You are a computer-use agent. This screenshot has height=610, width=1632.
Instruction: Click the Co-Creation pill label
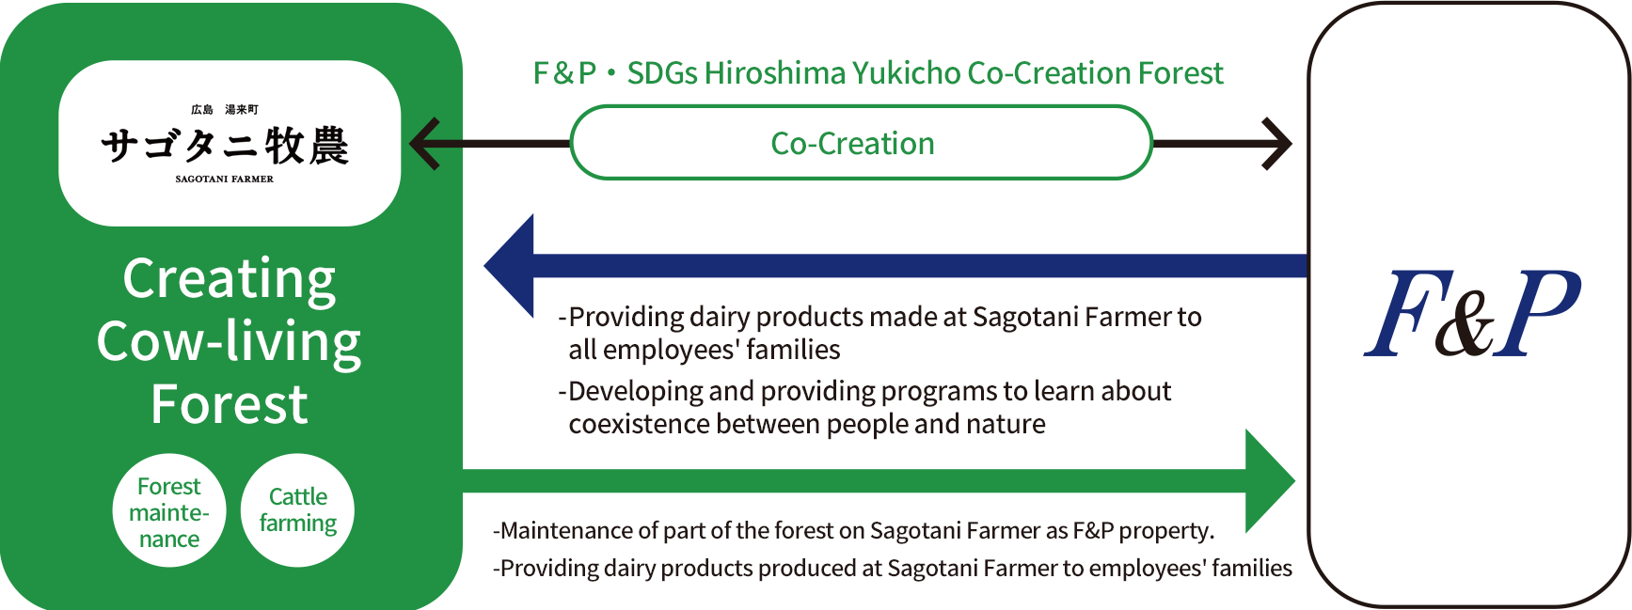click(x=852, y=143)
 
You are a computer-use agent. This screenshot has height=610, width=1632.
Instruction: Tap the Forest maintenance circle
click(x=169, y=510)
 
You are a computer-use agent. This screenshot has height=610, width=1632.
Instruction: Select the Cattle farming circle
click(x=298, y=510)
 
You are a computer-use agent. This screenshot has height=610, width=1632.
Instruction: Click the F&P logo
click(x=1472, y=314)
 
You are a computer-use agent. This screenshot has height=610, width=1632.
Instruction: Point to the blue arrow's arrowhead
click(x=509, y=266)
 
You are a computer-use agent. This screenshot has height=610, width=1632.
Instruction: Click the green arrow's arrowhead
click(x=1270, y=481)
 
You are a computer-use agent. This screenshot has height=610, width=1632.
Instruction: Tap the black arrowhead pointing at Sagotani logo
click(x=424, y=143)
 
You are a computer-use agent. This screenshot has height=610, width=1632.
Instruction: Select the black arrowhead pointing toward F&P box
click(x=1277, y=143)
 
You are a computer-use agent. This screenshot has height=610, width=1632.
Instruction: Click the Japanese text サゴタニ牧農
click(x=225, y=146)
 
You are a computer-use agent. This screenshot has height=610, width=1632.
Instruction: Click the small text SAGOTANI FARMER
click(x=225, y=179)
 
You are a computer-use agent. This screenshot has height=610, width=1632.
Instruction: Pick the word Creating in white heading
click(x=230, y=279)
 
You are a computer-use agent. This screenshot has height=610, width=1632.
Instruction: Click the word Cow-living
click(x=230, y=342)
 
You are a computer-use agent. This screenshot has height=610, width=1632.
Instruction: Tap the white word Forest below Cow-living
click(x=230, y=404)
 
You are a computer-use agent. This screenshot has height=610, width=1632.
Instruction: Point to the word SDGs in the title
click(x=662, y=73)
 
